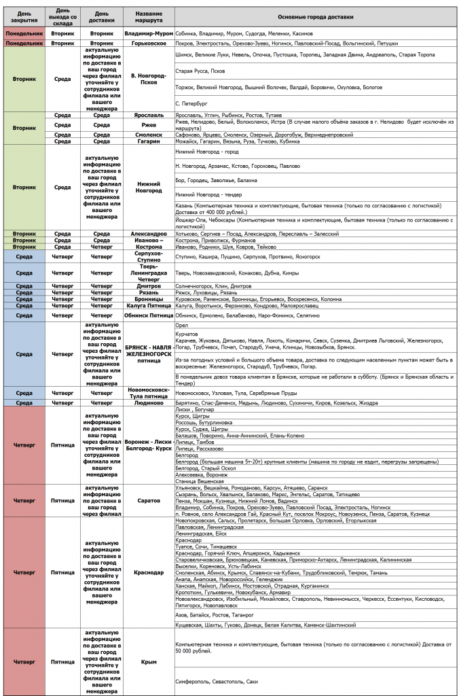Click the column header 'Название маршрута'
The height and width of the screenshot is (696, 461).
[x=149, y=16]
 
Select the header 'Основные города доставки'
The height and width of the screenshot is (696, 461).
[x=316, y=16]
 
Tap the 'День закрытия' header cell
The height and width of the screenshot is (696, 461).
[x=24, y=16]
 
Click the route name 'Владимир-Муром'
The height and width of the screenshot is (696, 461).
[x=149, y=33]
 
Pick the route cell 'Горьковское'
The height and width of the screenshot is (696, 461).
[x=149, y=43]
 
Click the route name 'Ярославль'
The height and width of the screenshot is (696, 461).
[x=149, y=116]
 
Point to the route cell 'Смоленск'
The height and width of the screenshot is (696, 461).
[x=149, y=135]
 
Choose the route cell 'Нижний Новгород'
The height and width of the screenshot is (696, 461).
[x=149, y=187]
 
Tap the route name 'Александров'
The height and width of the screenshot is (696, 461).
[x=149, y=233]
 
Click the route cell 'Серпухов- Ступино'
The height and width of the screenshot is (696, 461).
[x=149, y=256]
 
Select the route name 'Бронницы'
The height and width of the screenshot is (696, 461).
[x=149, y=298]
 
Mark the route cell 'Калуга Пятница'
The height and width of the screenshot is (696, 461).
[x=149, y=306]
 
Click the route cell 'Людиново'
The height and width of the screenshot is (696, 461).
[x=149, y=402]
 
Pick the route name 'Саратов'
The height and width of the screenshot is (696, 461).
[x=149, y=500]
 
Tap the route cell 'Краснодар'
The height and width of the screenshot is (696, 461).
[x=149, y=572]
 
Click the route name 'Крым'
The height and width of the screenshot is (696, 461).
[x=149, y=661]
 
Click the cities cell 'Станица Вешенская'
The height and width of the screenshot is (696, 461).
[x=200, y=481]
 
